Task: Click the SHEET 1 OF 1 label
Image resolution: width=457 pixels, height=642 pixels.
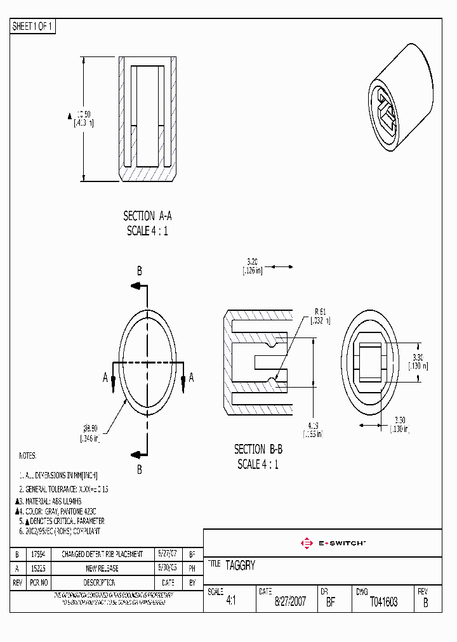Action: [x=33, y=27]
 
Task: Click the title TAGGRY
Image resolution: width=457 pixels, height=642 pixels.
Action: [x=240, y=565]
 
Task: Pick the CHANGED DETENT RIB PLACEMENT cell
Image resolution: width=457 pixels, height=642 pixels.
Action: [x=102, y=554]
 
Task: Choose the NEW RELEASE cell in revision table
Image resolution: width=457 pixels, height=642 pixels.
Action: [x=102, y=568]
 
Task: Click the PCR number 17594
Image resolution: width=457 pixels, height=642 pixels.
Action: [x=38, y=554]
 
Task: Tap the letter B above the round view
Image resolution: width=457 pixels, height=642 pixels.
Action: [x=139, y=271]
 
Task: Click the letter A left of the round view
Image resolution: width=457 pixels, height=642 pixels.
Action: [x=105, y=377]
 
